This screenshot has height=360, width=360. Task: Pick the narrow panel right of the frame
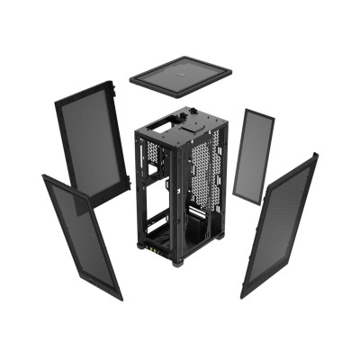(x=252, y=156)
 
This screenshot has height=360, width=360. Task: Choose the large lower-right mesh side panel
(x=279, y=225)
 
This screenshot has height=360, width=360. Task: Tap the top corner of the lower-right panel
(x=314, y=155)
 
